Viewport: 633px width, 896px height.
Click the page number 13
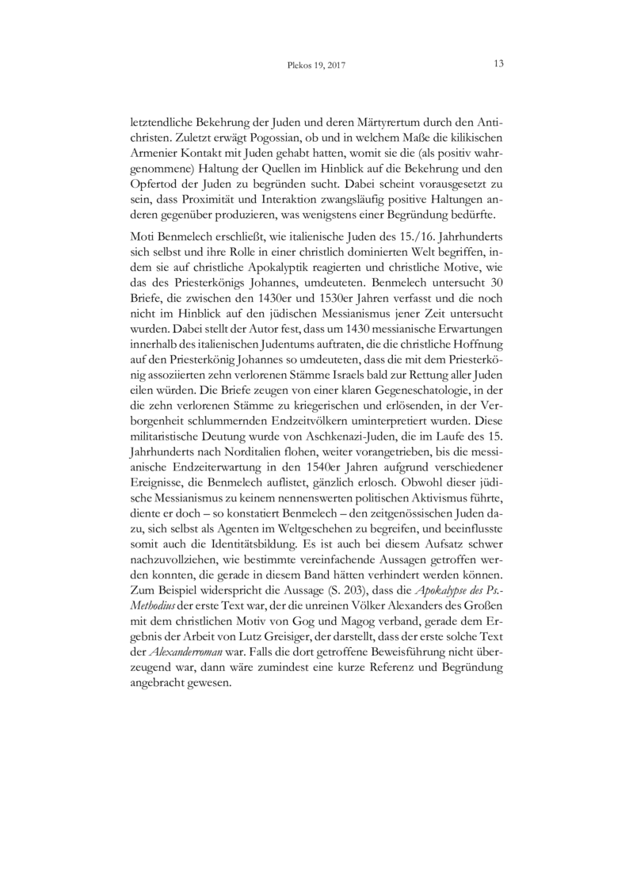click(498, 63)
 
